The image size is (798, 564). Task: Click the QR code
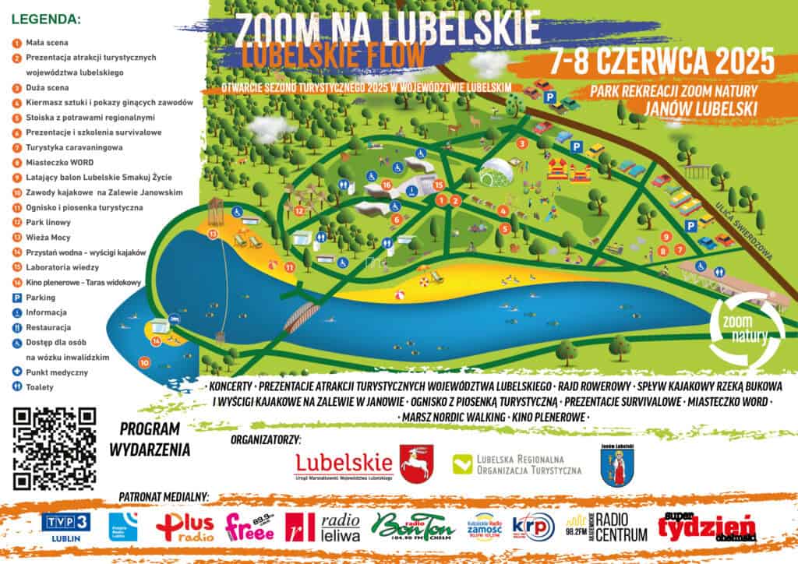click(55, 448)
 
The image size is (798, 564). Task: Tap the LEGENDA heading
click(46, 18)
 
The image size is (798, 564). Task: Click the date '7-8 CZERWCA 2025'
click(661, 60)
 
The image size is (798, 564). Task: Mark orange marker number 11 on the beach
click(289, 267)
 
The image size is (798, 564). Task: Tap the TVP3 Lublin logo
click(66, 524)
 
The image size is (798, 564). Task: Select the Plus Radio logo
click(185, 527)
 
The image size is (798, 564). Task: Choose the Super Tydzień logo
click(706, 527)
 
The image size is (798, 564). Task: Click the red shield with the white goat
click(417, 464)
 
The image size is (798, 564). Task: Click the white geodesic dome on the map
click(496, 171)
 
